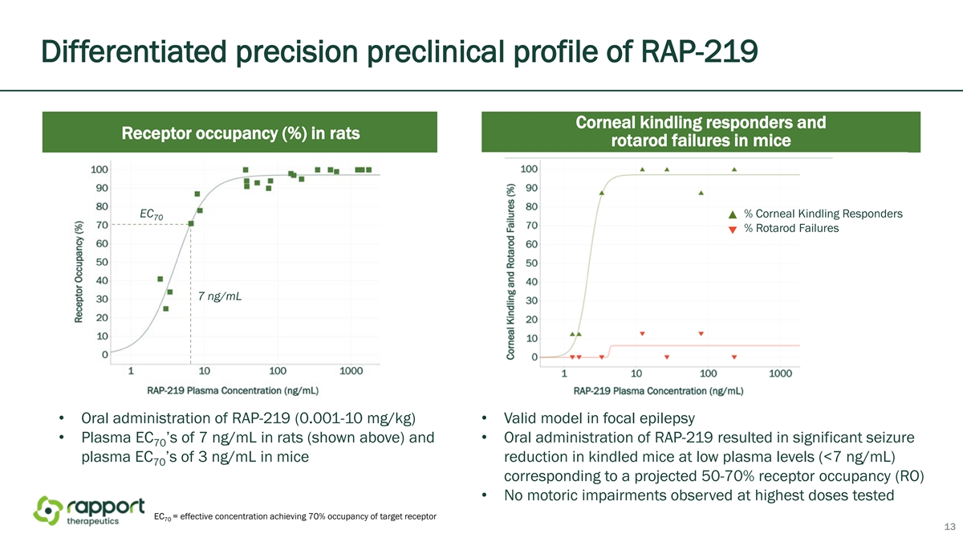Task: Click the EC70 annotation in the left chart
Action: coord(152,214)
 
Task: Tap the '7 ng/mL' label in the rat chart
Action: coord(220,296)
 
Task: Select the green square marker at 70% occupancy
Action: coord(191,224)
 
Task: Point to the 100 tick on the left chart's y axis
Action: coord(99,169)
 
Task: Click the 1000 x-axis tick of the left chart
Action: coord(351,371)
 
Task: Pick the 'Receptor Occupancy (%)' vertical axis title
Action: coord(79,272)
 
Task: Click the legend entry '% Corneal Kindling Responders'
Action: coord(815,214)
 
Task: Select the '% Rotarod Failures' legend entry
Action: coord(784,228)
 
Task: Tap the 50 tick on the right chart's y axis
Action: coord(532,263)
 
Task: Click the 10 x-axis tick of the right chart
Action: coord(636,373)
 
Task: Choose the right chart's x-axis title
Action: coord(658,391)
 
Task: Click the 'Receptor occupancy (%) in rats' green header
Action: coord(240,132)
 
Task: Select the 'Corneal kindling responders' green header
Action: coord(701,132)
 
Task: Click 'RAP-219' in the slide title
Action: coord(699,51)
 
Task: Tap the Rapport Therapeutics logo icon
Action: coord(48,511)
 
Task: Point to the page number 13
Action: coord(949,527)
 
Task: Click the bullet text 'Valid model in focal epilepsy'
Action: coord(599,418)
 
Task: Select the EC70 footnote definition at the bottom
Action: coord(295,516)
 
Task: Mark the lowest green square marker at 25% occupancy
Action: coord(166,309)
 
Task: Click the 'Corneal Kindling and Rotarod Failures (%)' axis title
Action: coord(510,272)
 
